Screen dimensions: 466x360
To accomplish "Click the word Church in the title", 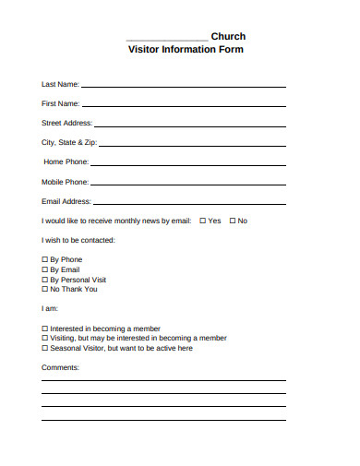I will coord(228,37).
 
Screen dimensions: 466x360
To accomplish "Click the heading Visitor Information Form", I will coord(185,50).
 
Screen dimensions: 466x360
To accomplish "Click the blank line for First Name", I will coord(185,106).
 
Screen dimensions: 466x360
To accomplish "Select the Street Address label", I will coord(66,123).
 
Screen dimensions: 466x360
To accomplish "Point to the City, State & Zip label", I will coord(68,143).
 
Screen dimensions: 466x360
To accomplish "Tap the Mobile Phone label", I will coord(65,182).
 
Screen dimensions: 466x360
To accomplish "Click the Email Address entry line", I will coord(189,203).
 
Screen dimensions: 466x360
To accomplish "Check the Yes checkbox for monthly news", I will coord(202,221).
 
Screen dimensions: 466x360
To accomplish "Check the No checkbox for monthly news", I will coord(232,221).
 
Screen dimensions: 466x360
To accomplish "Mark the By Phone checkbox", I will coord(44,260).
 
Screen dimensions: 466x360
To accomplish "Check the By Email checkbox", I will coord(44,269).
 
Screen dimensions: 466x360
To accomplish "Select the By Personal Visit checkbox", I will coord(44,280).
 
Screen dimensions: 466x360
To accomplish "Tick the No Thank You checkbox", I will coord(44,289).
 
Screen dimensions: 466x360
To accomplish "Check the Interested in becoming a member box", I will coord(44,329).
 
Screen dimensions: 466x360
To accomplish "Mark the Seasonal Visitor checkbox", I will coord(44,348).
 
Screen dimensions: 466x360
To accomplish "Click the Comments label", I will coord(61,367).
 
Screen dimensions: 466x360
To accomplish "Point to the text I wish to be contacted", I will coord(78,240).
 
